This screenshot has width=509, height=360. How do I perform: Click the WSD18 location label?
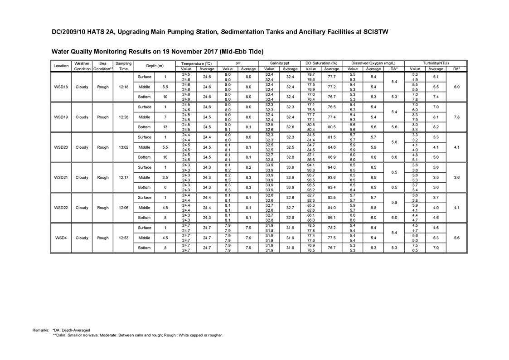click(x=61, y=87)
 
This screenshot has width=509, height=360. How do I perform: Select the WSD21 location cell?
click(x=61, y=178)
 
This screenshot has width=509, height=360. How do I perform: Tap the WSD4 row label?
click(x=61, y=238)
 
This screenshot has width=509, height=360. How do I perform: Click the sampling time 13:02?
click(x=123, y=147)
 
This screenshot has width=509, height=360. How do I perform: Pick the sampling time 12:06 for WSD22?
click(x=123, y=208)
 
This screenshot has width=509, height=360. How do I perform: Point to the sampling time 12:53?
click(x=123, y=238)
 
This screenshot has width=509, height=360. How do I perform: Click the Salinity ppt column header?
click(x=280, y=63)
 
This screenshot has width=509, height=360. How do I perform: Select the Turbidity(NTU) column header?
click(x=436, y=63)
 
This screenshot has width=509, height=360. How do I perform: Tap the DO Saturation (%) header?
click(x=321, y=63)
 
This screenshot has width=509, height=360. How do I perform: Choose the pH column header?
click(x=238, y=63)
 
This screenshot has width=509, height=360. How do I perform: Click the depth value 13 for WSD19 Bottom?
click(x=165, y=127)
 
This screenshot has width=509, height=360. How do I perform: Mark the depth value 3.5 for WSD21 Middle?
click(x=165, y=178)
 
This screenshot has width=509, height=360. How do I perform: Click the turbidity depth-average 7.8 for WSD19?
click(x=456, y=117)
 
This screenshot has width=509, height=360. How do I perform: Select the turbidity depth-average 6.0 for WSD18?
click(x=456, y=87)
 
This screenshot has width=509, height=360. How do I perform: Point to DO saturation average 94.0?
click(x=332, y=167)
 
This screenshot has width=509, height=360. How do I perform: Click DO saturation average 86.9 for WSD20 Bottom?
click(x=332, y=157)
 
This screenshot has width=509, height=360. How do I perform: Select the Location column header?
click(x=61, y=66)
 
